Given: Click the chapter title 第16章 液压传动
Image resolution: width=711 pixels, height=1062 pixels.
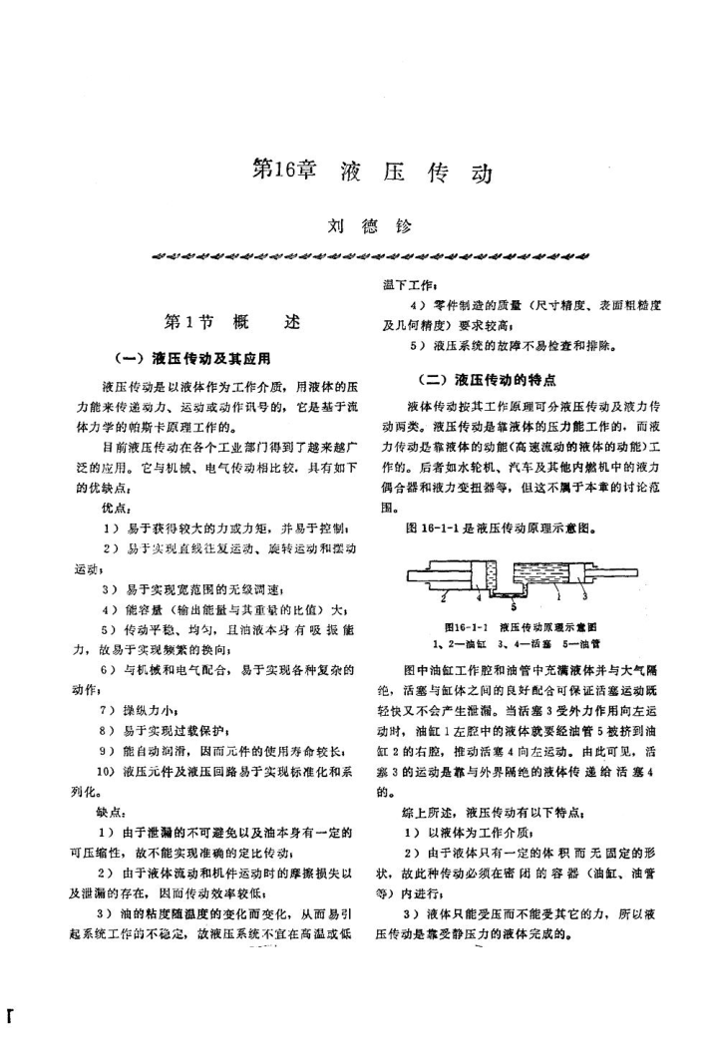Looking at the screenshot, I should click(372, 171).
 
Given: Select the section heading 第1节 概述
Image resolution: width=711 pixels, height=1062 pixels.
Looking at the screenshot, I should click(231, 322).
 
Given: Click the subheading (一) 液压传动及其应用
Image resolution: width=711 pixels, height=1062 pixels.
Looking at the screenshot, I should click(205, 357).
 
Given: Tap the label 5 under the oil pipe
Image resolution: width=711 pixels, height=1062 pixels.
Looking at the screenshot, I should click(513, 603).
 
